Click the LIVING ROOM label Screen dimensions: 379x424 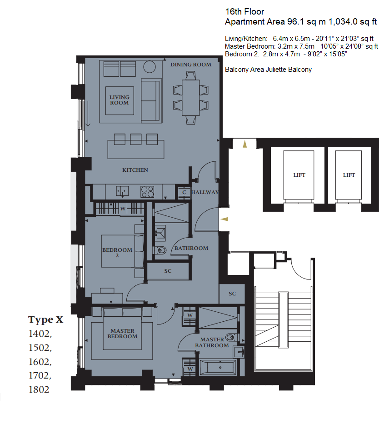(119, 100)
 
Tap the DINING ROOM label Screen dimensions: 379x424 (191, 65)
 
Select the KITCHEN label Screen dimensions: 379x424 (135, 170)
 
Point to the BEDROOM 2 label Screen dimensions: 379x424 (117, 253)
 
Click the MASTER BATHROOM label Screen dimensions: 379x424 (212, 342)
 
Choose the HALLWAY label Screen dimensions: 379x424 (205, 192)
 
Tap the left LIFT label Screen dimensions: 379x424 (299, 175)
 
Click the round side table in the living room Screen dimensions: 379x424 (150, 67)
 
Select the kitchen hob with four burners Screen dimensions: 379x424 (147, 192)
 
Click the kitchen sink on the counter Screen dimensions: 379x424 (122, 191)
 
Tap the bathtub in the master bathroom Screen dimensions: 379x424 (218, 368)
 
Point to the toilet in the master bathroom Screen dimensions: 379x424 (230, 338)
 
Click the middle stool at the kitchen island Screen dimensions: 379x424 (136, 139)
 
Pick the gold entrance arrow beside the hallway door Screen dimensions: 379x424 (224, 219)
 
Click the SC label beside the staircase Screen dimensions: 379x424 (232, 294)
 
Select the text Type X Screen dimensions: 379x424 (46, 320)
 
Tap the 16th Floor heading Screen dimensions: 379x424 (244, 12)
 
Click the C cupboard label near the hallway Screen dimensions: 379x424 (184, 192)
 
